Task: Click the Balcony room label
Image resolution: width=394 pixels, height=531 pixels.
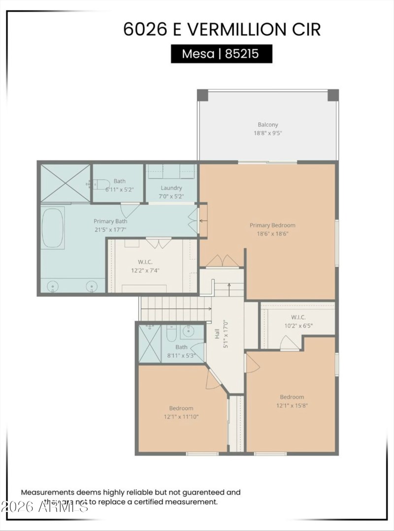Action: coord(268,125)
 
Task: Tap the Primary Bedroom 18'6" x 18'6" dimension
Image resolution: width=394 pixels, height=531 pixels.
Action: coord(272,233)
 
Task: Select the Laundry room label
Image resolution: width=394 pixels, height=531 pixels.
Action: coord(171,188)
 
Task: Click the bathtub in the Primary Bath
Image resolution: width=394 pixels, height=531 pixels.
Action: coord(52,228)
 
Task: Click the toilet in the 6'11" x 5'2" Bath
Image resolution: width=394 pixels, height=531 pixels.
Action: coord(101,184)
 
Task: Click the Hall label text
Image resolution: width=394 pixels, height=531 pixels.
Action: coord(217,334)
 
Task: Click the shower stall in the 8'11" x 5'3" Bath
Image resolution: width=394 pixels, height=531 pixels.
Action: coord(150,343)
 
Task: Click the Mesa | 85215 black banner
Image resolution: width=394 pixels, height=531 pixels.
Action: coord(221,54)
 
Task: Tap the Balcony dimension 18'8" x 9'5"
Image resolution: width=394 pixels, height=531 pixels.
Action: coord(268,133)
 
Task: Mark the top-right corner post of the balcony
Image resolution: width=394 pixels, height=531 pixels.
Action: coord(333,95)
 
